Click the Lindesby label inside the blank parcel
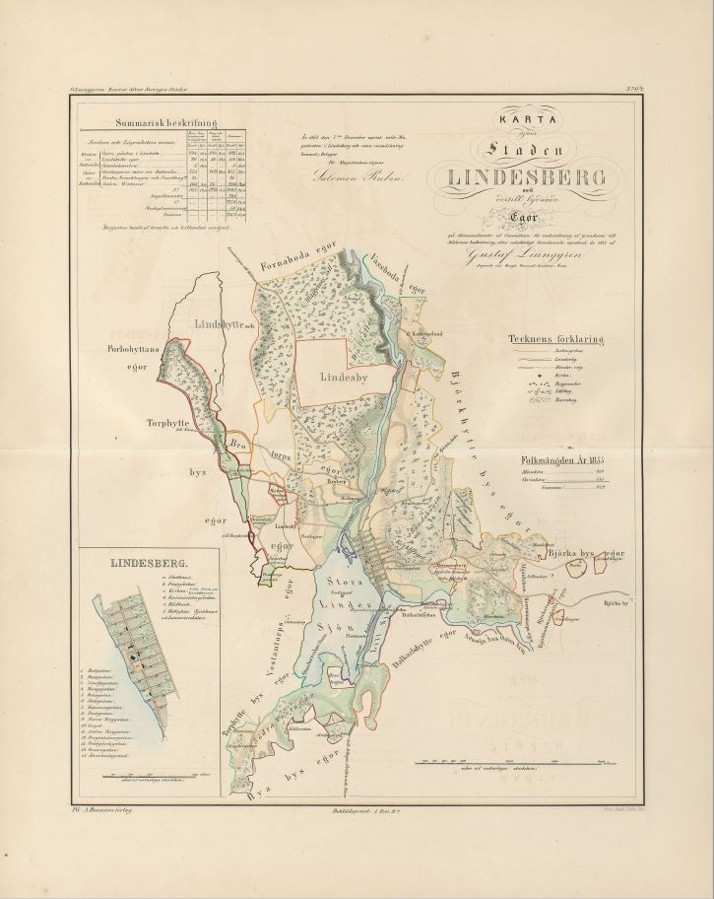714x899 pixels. click(x=344, y=376)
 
